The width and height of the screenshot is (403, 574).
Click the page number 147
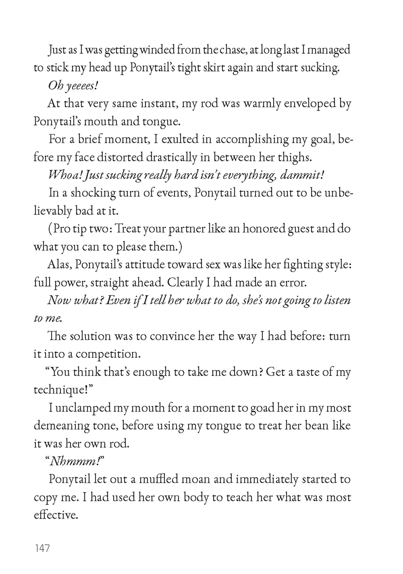pyautogui.click(x=42, y=548)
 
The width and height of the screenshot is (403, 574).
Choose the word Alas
pyautogui.click(x=59, y=264)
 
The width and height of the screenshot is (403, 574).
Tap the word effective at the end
pyautogui.click(x=56, y=515)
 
